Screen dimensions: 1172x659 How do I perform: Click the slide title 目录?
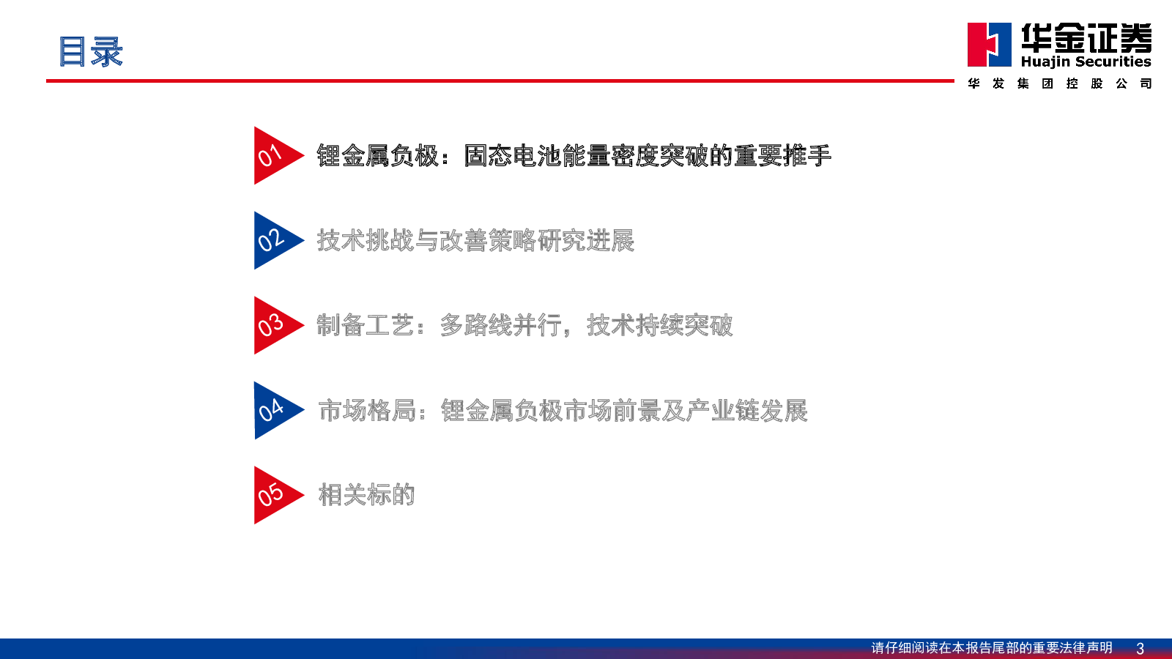point(91,52)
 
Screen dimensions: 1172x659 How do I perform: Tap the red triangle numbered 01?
point(275,155)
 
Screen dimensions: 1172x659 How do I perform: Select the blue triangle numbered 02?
point(275,241)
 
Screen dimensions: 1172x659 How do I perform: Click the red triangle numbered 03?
point(275,325)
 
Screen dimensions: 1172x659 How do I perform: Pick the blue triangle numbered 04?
point(275,411)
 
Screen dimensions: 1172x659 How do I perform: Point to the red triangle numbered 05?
point(275,495)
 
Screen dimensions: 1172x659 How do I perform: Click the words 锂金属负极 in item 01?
point(378,156)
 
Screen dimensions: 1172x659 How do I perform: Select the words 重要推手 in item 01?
point(783,156)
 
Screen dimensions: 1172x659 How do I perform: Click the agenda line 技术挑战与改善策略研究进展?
point(475,241)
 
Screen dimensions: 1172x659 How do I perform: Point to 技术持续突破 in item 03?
point(660,325)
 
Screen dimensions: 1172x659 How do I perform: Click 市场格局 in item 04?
point(367,411)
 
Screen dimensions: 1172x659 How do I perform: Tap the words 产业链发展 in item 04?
point(747,411)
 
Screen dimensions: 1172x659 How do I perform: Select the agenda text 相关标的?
point(367,495)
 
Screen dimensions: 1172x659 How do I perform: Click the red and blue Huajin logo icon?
point(990,45)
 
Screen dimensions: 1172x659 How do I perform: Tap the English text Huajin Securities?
point(1086,62)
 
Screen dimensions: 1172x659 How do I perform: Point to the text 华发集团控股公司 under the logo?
point(1059,83)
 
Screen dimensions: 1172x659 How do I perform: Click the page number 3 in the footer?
point(1140,648)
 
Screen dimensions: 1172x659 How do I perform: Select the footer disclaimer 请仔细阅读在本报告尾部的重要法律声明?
point(992,648)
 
